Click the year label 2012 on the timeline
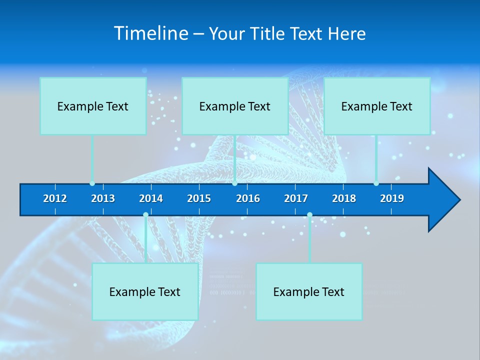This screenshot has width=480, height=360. [55, 198]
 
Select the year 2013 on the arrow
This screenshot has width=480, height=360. [103, 198]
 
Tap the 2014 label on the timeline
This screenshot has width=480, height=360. [151, 198]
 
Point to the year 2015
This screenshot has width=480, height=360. [199, 198]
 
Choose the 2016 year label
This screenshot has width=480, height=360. [248, 198]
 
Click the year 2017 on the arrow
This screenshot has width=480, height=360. [296, 198]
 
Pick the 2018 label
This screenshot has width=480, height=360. [344, 198]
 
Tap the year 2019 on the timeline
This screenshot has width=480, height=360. [392, 198]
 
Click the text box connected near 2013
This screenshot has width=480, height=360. [93, 106]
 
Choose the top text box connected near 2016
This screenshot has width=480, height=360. [234, 106]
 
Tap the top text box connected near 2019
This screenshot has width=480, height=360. [377, 106]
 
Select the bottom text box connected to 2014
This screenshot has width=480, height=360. [145, 291]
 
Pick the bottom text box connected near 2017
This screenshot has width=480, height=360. [309, 291]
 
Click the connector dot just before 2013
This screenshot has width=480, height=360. [92, 183]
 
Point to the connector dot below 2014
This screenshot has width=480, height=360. [145, 215]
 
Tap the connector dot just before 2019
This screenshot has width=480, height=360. [376, 183]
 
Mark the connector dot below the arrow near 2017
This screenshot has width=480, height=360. [309, 215]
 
